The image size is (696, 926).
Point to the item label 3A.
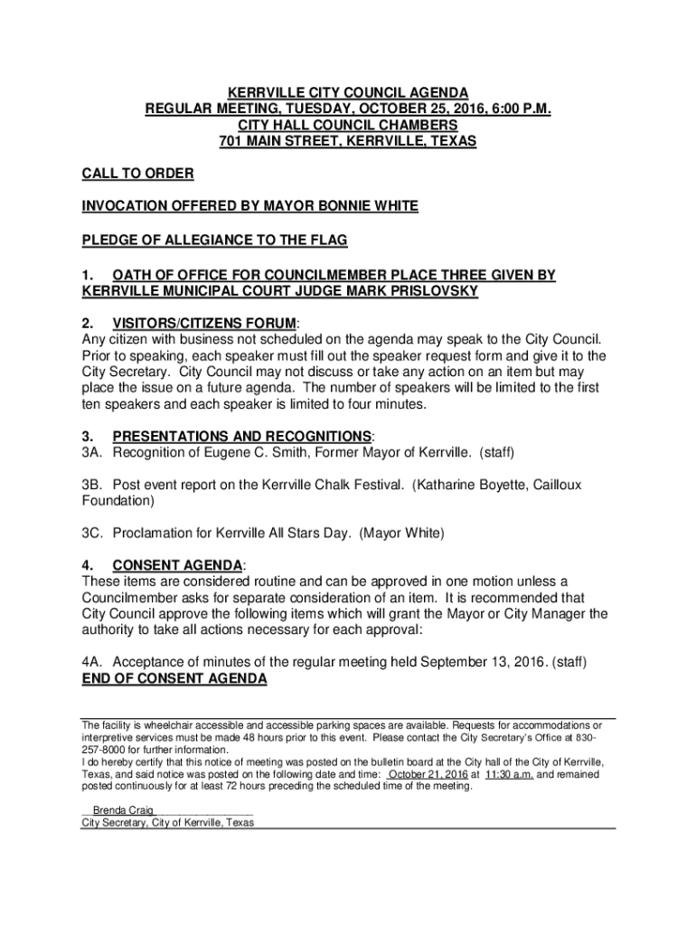coord(93,452)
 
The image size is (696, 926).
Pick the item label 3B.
coord(93,486)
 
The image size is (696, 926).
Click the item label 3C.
coord(93,533)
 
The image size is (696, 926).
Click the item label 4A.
coord(93,663)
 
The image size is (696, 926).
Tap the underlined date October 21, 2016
coord(428,775)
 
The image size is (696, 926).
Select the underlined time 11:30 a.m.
coord(509,775)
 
